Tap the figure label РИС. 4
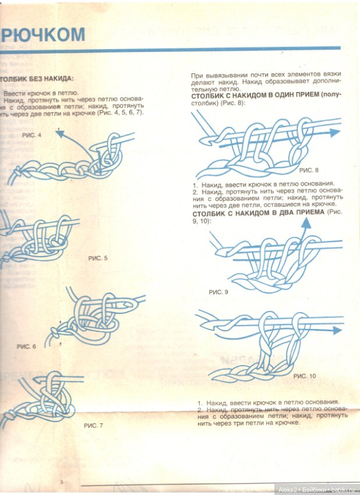point(32,135)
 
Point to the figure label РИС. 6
point(27,346)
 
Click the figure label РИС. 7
point(93,425)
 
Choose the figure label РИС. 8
point(309,171)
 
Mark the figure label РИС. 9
point(218,292)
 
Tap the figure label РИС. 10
point(305,376)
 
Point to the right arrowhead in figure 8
point(336,132)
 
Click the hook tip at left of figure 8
point(204,142)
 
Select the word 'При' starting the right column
point(197,76)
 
